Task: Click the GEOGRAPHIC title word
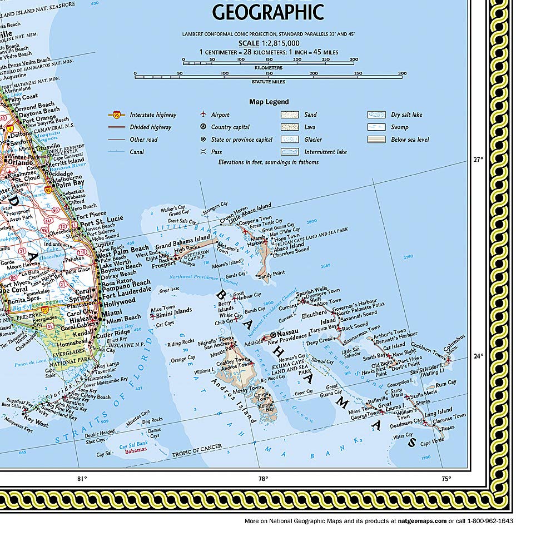tap(269, 12)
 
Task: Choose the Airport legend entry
tap(220, 115)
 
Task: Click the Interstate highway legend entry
tap(152, 115)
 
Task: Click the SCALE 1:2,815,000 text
tap(269, 43)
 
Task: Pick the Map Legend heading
tap(269, 102)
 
